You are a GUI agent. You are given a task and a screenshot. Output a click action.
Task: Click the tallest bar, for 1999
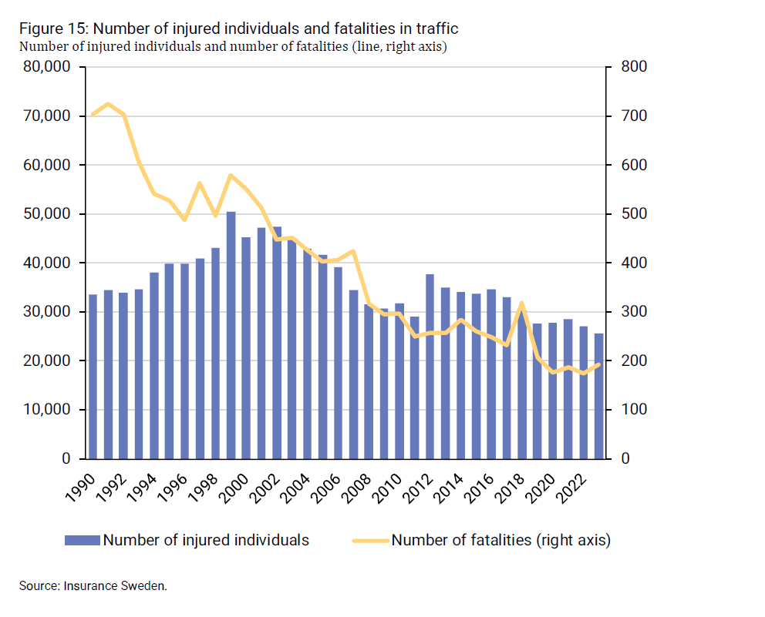pyautogui.click(x=231, y=335)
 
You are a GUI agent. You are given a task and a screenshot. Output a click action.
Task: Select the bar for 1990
pyautogui.click(x=93, y=377)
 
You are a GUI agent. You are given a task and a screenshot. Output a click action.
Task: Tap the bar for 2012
pyautogui.click(x=430, y=367)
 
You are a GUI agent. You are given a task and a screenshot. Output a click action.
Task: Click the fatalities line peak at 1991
pyautogui.click(x=108, y=104)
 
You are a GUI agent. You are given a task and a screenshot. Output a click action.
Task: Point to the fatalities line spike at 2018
pyautogui.click(x=522, y=303)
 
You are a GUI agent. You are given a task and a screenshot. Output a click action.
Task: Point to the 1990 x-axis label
pyautogui.click(x=87, y=486)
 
